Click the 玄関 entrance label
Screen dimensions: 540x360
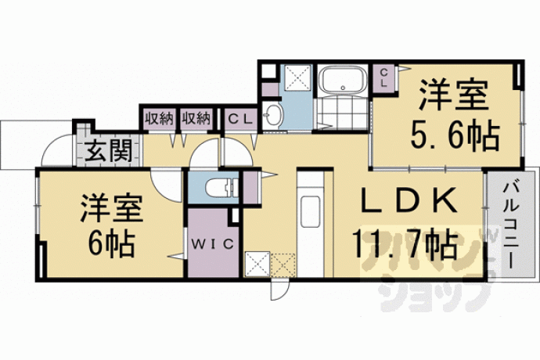click(x=109, y=151)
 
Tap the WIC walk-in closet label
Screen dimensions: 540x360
click(x=213, y=244)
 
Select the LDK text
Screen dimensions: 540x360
click(x=409, y=201)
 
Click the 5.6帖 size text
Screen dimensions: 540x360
click(x=454, y=136)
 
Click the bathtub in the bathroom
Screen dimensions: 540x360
click(x=342, y=80)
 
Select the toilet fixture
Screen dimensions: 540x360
click(x=221, y=188)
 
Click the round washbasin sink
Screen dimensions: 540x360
click(x=273, y=114)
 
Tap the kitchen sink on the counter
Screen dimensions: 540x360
click(x=311, y=211)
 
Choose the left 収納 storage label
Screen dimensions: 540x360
click(x=158, y=119)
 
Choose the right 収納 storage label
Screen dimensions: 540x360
click(x=196, y=119)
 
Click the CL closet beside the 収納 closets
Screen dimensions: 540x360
click(x=241, y=120)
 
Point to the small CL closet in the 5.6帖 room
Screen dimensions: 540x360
click(x=384, y=77)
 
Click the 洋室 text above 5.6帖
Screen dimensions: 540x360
click(x=453, y=95)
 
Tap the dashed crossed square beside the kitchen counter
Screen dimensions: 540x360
click(x=283, y=265)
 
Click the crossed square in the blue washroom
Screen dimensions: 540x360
click(x=297, y=77)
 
